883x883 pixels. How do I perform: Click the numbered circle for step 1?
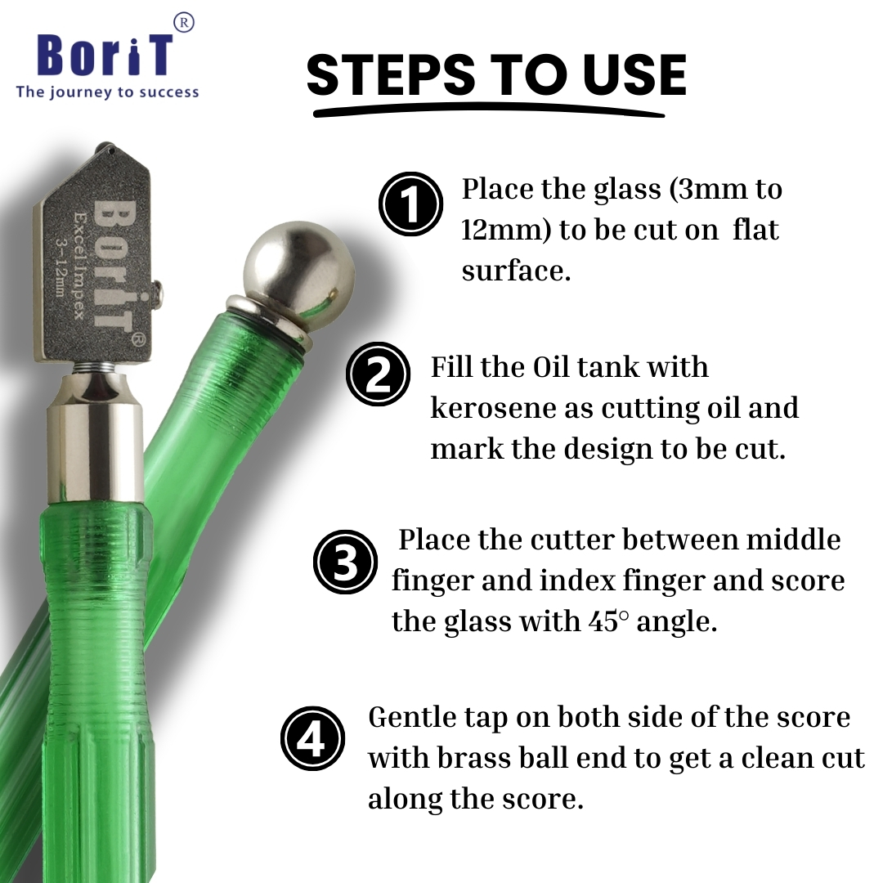(x=410, y=204)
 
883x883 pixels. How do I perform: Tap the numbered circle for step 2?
(x=378, y=374)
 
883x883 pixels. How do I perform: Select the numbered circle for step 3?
(x=345, y=562)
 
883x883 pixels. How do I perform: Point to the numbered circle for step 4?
(x=312, y=739)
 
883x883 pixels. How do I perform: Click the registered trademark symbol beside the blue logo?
(x=183, y=23)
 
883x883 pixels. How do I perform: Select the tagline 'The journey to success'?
(x=108, y=92)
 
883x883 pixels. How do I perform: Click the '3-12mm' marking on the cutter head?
(x=61, y=266)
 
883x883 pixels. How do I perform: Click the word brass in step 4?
(x=474, y=757)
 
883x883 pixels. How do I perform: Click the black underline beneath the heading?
(x=489, y=111)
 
